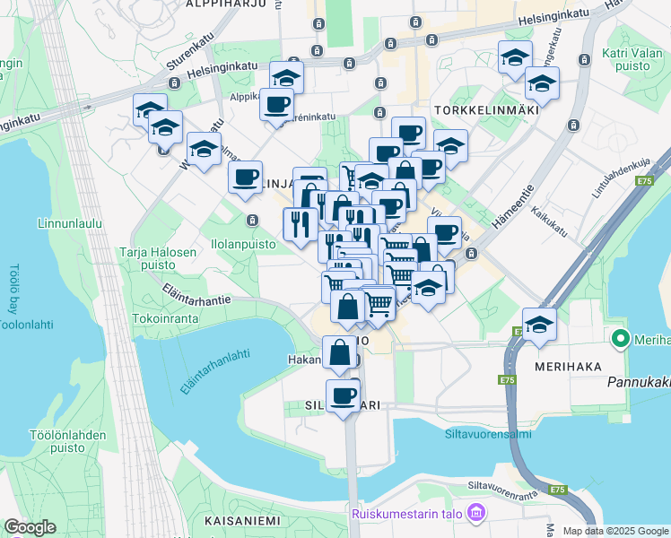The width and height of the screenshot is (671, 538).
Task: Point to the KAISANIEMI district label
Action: tap(242, 521)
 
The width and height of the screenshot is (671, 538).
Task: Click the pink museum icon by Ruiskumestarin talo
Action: tap(476, 514)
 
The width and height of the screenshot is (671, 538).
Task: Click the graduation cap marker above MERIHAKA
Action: tap(539, 325)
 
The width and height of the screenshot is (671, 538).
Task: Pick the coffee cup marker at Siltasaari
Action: tap(342, 395)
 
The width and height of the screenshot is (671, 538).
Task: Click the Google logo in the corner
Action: tap(30, 527)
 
